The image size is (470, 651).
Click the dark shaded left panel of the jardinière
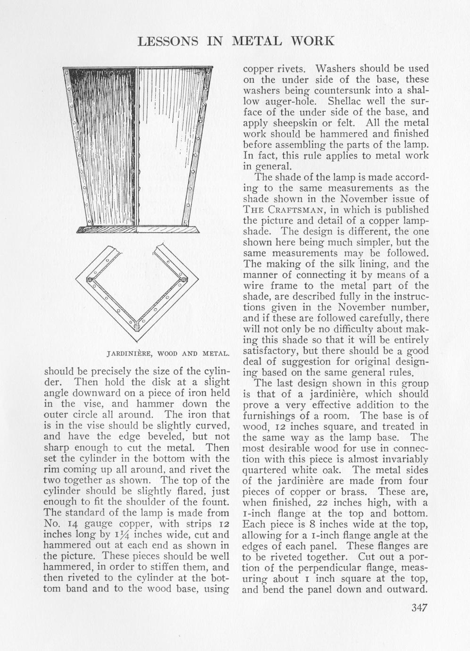click(x=104, y=142)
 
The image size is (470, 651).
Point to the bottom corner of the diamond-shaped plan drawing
click(x=136, y=341)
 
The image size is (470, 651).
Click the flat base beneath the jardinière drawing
click(x=137, y=230)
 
